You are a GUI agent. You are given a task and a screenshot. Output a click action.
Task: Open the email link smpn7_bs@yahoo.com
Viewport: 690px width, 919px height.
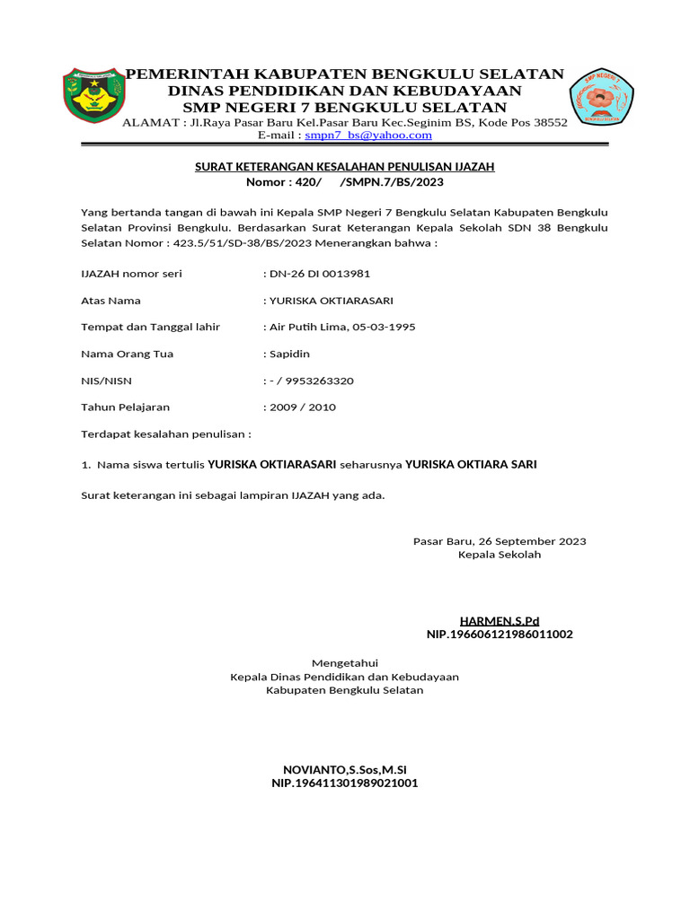tap(368, 136)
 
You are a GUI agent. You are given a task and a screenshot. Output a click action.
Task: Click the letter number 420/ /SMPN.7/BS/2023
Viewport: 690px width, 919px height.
tap(345, 182)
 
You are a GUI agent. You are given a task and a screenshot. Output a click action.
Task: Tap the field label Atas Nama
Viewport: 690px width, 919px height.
tap(111, 301)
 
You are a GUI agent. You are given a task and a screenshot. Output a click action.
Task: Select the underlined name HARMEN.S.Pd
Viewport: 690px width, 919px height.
tap(500, 621)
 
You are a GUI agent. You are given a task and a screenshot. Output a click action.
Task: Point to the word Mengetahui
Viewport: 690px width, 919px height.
tap(345, 663)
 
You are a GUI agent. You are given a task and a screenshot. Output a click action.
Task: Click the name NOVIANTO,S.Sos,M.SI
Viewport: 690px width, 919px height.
tap(345, 770)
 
